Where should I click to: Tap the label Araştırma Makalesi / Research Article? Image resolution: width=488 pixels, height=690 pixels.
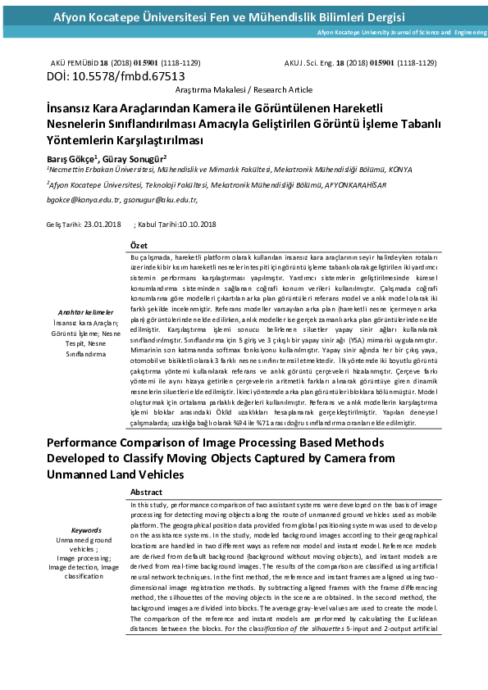tap(244, 89)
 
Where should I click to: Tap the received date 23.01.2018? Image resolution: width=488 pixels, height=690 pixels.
tap(103, 224)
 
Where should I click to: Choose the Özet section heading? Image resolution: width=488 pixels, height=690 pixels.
tap(139, 246)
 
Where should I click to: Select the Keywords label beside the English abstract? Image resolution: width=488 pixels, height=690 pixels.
tap(86, 530)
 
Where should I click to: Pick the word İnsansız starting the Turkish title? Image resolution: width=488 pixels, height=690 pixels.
tap(71, 107)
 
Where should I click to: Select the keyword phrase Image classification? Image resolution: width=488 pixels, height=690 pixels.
tap(86, 572)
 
